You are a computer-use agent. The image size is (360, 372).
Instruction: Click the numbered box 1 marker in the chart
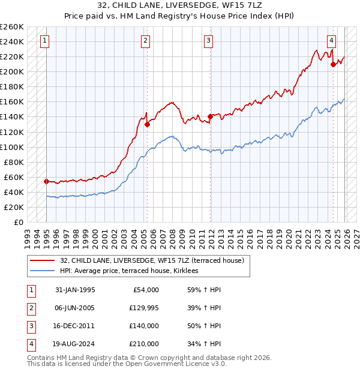(x=46, y=41)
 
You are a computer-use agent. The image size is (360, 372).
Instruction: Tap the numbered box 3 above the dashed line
(x=208, y=41)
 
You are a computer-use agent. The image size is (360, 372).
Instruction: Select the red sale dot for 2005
(x=147, y=125)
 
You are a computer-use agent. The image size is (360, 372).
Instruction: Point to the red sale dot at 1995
(x=46, y=181)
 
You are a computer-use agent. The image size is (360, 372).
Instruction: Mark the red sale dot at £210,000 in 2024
(x=333, y=64)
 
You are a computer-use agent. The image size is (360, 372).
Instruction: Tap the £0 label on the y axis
(x=19, y=222)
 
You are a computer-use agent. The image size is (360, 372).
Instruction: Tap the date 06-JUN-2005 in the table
(x=74, y=308)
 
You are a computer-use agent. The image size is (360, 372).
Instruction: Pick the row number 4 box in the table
(x=31, y=344)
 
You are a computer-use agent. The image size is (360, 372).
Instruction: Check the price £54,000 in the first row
(x=144, y=290)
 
